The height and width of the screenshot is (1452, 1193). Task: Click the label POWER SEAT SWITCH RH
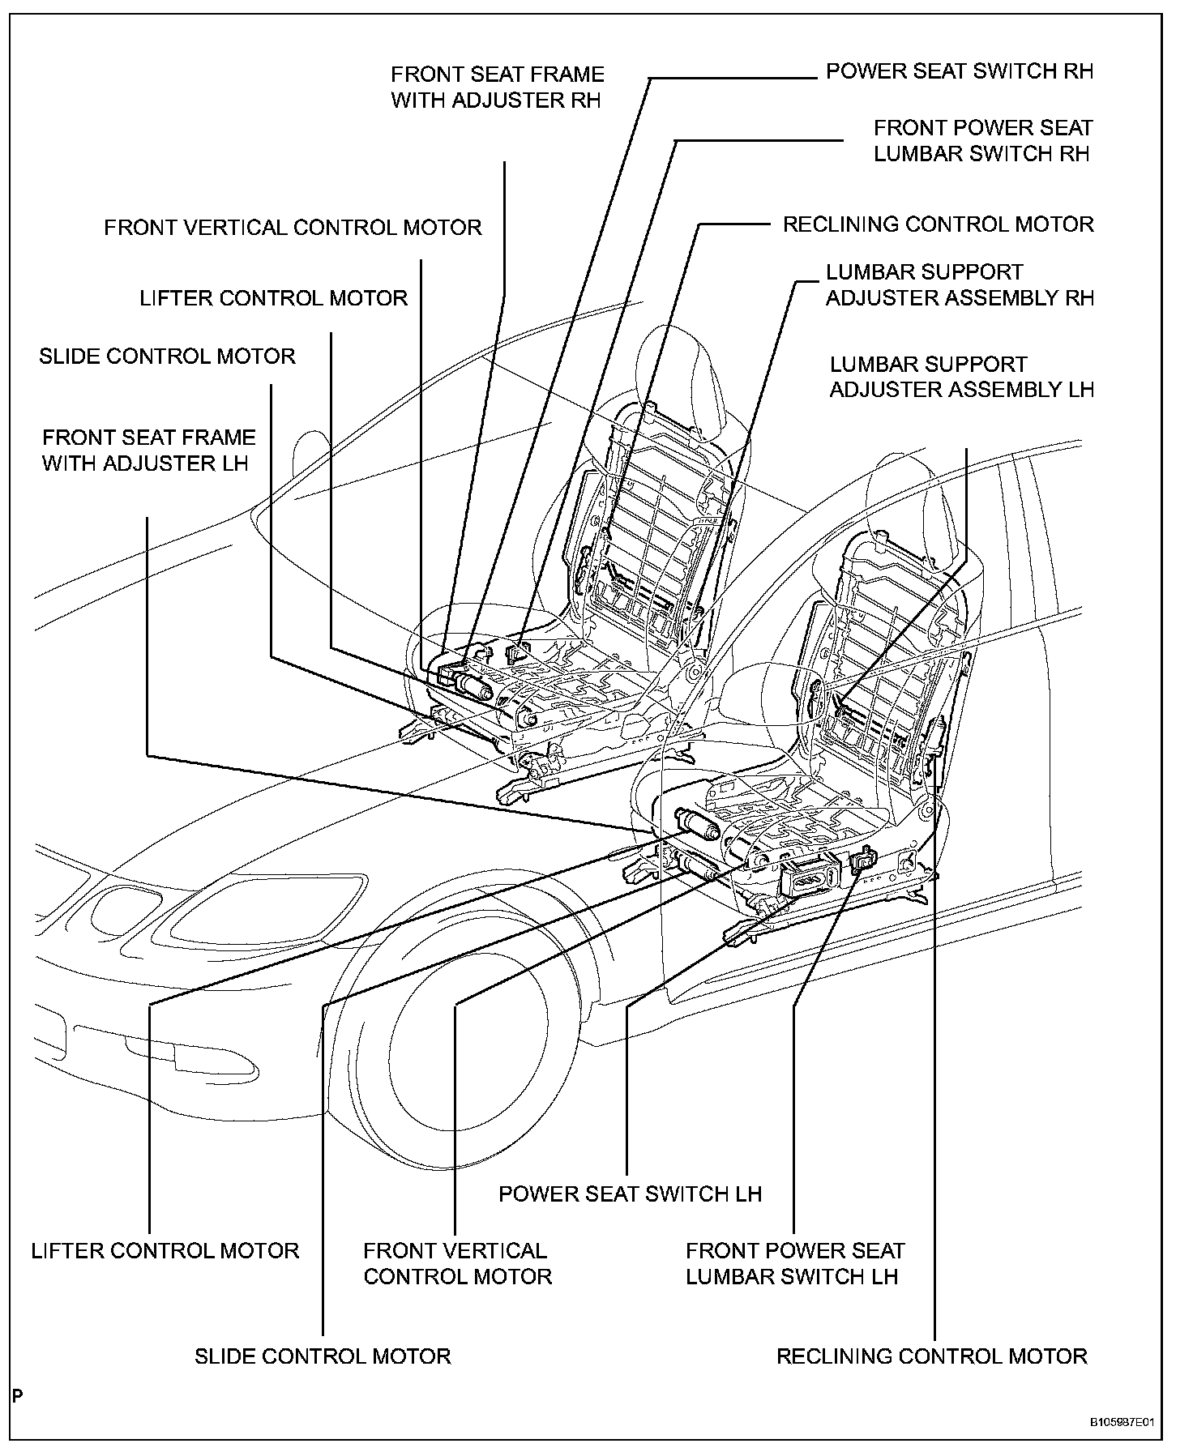pos(959,71)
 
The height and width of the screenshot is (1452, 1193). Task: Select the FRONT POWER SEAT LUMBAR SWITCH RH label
pos(982,140)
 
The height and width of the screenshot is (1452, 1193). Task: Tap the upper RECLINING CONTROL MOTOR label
pos(938,224)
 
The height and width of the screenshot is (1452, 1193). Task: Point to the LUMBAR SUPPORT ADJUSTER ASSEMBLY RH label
pos(960,284)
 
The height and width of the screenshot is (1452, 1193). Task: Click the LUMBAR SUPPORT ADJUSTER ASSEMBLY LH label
pos(961,377)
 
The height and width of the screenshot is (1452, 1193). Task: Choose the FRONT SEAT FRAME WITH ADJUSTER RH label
pos(497,88)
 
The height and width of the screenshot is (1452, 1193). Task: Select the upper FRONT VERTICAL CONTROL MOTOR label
pos(293,228)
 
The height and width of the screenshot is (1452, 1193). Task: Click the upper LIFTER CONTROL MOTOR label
pos(273,298)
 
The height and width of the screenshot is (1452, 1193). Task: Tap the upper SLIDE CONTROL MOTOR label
pos(167,357)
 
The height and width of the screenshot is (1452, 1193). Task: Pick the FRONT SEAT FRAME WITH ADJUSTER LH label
pos(148,451)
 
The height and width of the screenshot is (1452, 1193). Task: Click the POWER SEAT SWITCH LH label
pos(630,1194)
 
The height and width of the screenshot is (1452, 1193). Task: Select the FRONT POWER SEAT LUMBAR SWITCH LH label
pos(794,1264)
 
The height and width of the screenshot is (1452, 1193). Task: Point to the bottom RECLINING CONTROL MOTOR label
pos(931,1356)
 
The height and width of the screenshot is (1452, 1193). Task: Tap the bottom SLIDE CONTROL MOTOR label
pos(322,1356)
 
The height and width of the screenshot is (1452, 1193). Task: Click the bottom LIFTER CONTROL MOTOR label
pos(165,1251)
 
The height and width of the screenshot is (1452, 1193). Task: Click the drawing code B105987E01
pos(1121,1422)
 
